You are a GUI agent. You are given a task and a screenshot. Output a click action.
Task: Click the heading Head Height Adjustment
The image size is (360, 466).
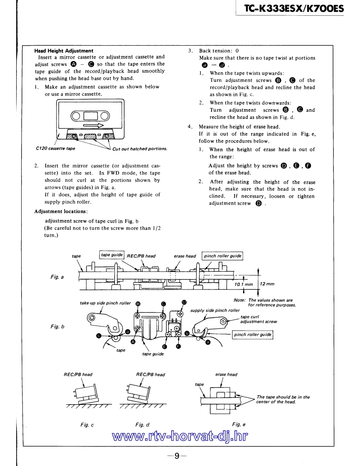click(64, 51)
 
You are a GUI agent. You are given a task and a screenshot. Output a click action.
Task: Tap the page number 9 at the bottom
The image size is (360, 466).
click(177, 456)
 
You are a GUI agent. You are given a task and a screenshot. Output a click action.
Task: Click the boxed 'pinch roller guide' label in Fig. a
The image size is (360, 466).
click(222, 256)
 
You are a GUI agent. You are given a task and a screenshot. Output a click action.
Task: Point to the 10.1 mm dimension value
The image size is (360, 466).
click(243, 284)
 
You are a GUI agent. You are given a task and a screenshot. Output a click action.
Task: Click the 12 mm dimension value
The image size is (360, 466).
click(267, 284)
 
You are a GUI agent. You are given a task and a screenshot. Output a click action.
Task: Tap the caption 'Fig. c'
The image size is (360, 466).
click(87, 424)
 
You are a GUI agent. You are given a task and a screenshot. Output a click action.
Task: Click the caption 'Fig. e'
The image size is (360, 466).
click(239, 424)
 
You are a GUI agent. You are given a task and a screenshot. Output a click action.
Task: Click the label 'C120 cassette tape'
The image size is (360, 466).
click(55, 148)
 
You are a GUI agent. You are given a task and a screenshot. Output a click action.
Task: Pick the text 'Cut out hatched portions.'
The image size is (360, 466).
click(140, 149)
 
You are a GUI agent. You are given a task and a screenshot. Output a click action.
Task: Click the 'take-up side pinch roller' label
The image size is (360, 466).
click(105, 303)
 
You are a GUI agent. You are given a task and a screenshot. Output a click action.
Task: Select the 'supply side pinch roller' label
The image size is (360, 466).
click(215, 310)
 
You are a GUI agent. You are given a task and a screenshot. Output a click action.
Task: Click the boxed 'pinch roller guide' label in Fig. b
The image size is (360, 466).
click(252, 334)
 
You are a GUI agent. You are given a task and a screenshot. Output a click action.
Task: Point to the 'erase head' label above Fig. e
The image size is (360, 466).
click(226, 375)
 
